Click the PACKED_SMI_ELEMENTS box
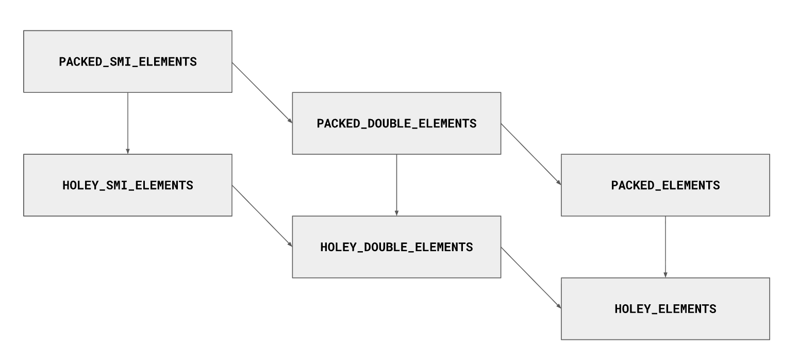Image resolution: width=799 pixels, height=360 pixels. coord(128,61)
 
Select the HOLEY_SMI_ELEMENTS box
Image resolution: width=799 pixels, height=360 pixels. coord(128,185)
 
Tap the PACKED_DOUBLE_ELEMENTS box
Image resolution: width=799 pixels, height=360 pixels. coord(396,123)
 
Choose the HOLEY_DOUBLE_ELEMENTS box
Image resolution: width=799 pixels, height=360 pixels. coord(396,247)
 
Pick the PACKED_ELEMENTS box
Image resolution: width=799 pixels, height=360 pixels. coord(665,185)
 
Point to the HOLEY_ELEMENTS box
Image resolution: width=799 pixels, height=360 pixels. coord(665,308)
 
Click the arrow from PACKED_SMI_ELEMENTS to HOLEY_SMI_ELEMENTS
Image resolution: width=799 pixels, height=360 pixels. coord(128,123)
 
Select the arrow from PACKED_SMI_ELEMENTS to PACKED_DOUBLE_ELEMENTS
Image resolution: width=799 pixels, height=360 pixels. coord(262,93)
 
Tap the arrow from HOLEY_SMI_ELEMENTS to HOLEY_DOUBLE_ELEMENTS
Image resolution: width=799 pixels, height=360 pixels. coord(262,216)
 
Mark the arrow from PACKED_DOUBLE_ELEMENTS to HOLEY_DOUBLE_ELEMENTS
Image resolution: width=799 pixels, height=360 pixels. coord(396,185)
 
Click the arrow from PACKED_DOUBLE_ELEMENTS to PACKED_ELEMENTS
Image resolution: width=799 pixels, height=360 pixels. coord(531,154)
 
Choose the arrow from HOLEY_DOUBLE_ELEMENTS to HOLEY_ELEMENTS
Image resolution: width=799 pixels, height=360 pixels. coord(531,277)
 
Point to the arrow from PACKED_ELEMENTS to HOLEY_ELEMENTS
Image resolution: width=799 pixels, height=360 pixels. coord(665,247)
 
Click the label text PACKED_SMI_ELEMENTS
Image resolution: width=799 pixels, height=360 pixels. coord(128,62)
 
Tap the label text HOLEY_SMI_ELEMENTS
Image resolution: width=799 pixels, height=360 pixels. coord(128,186)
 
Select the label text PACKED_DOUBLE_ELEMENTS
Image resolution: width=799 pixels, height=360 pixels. coord(396,124)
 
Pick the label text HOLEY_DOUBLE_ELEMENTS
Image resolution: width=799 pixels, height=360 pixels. coord(396,247)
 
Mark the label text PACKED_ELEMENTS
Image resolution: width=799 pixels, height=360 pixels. coord(665,186)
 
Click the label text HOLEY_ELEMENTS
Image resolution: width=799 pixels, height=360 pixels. coord(665,309)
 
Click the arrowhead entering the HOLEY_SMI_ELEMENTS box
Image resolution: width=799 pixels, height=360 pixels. coord(128,152)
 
